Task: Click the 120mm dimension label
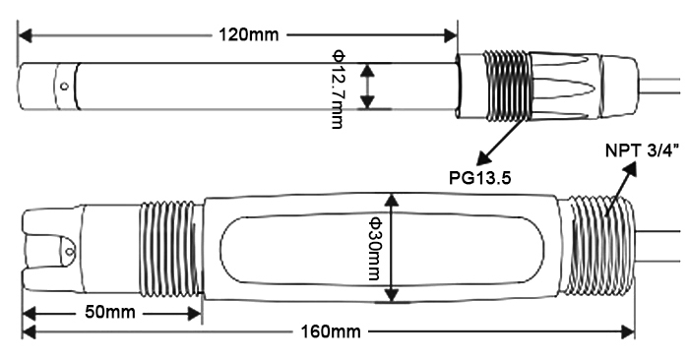click(x=247, y=35)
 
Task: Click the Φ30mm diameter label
click(x=373, y=249)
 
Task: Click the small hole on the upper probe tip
click(x=64, y=87)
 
